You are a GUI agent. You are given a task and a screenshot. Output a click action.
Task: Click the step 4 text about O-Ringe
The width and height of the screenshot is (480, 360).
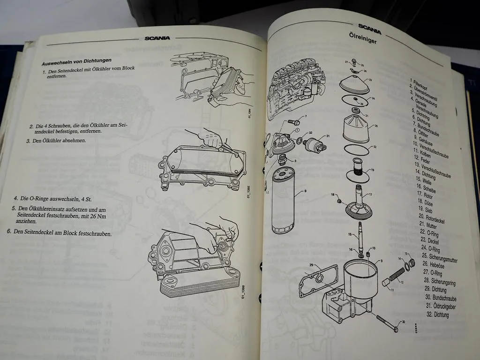[52, 199]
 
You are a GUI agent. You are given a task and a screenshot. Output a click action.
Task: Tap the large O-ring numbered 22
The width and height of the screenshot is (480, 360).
[359, 150]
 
